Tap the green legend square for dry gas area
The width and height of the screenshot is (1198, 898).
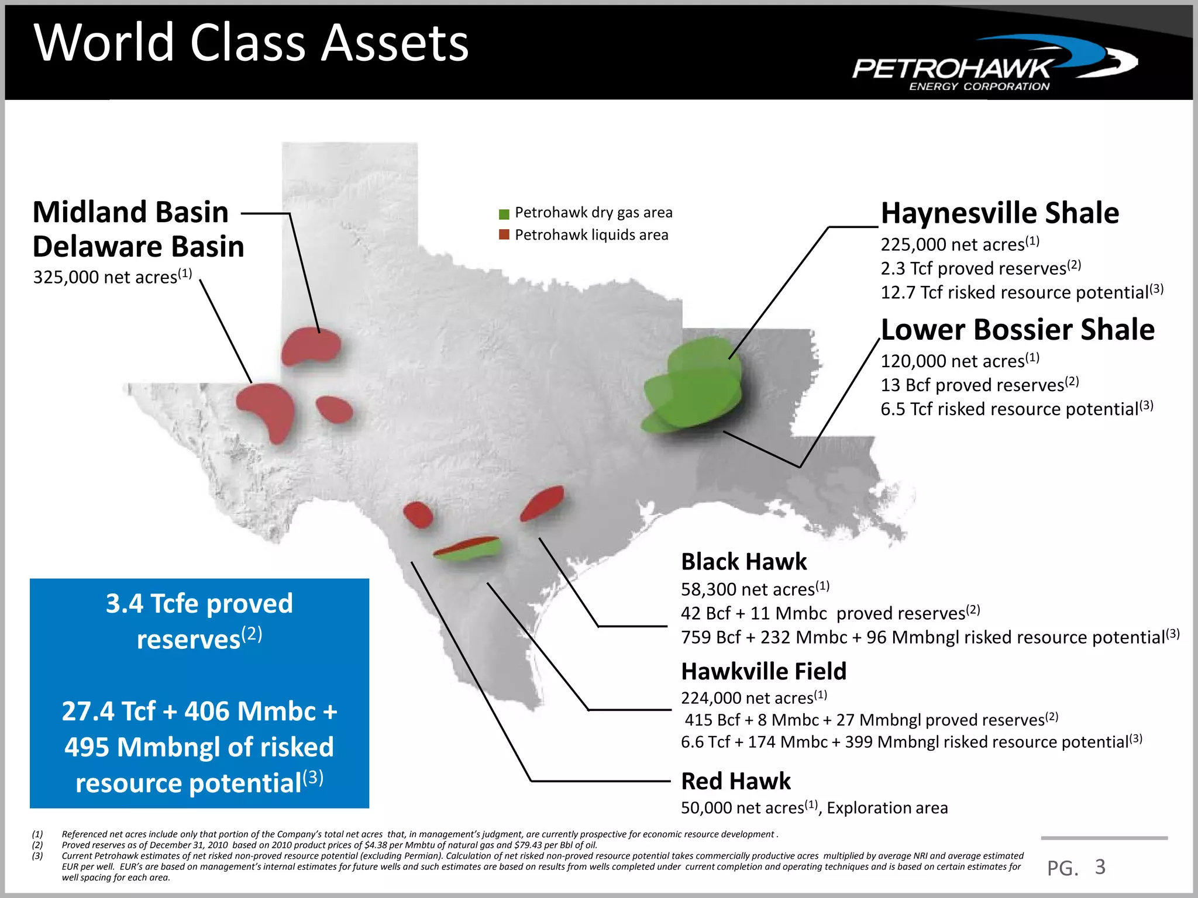[x=504, y=213]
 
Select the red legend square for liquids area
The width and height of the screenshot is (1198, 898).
[x=504, y=235]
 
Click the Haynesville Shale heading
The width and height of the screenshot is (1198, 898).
[x=1000, y=213]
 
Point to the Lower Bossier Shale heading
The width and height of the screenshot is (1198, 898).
[x=1017, y=330]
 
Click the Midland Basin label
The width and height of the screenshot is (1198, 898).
[x=130, y=212]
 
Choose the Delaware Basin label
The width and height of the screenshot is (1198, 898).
[x=138, y=247]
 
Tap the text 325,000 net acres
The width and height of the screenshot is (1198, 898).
[x=106, y=277]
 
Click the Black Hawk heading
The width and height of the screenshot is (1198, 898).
[x=743, y=562]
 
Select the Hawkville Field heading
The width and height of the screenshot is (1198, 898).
[x=763, y=672]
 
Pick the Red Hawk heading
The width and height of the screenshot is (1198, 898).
[x=735, y=781]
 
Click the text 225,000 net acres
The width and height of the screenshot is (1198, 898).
[x=953, y=244]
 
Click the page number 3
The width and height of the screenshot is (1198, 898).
[x=1100, y=866]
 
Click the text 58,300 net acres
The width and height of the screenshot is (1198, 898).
[x=748, y=589]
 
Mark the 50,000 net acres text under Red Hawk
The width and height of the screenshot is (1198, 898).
[x=743, y=808]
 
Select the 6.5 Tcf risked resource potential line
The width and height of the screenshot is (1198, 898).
[x=1010, y=409]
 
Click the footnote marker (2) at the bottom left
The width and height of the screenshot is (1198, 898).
[x=37, y=845]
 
